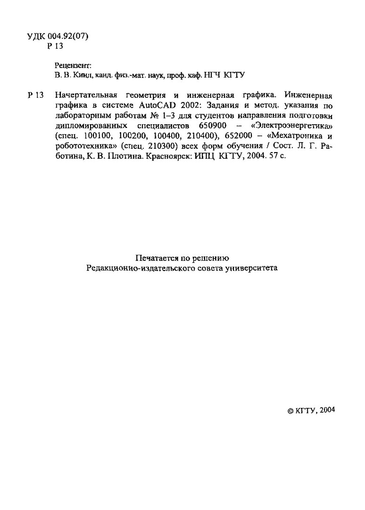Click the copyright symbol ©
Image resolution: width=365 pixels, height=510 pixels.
point(290,411)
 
